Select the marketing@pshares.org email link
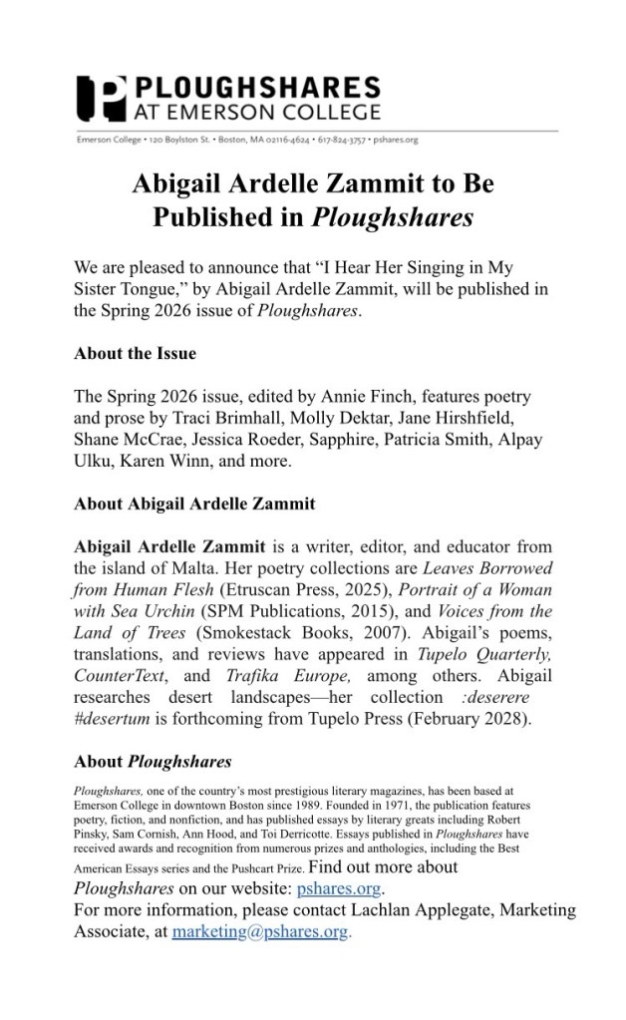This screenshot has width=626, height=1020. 261,931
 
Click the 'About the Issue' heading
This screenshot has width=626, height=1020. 135,353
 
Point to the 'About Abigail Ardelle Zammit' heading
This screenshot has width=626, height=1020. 194,504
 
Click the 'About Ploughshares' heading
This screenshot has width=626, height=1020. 153,762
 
